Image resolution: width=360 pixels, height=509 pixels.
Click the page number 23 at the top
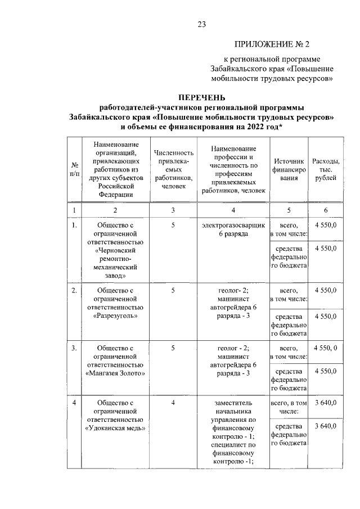tap(202, 24)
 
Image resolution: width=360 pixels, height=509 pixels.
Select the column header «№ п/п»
tap(74, 170)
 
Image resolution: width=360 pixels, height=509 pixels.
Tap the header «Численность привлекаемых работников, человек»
tap(173, 169)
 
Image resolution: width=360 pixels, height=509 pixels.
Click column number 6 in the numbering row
tap(326, 210)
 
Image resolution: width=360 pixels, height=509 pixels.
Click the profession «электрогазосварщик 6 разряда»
tap(233, 229)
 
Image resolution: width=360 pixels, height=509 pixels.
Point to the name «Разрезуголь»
tap(115, 316)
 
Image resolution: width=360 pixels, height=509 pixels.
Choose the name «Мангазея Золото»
tap(115, 372)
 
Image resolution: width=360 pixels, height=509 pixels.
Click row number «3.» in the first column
tap(74, 348)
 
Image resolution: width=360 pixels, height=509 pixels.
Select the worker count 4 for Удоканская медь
tap(173, 403)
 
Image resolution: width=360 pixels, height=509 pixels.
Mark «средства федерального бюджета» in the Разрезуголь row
tap(289, 325)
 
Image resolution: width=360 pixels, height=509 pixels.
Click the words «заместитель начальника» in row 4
tap(233, 407)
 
